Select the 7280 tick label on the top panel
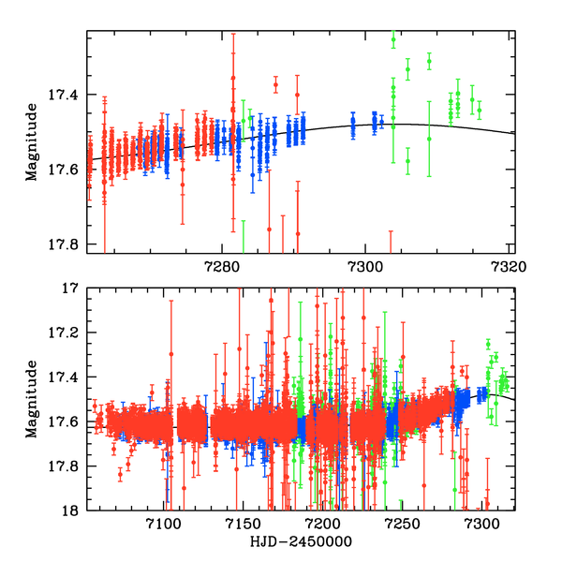(219, 266)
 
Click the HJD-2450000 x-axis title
(299, 542)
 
